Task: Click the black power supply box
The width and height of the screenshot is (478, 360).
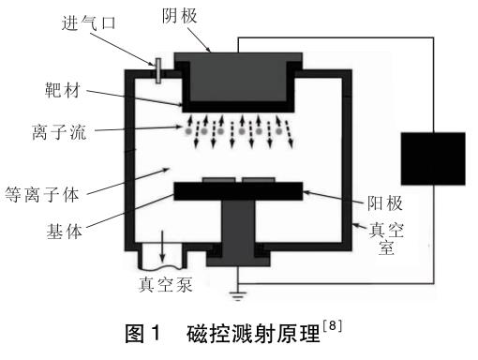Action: click(432, 157)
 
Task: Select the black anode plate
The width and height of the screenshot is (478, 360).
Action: click(240, 191)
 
